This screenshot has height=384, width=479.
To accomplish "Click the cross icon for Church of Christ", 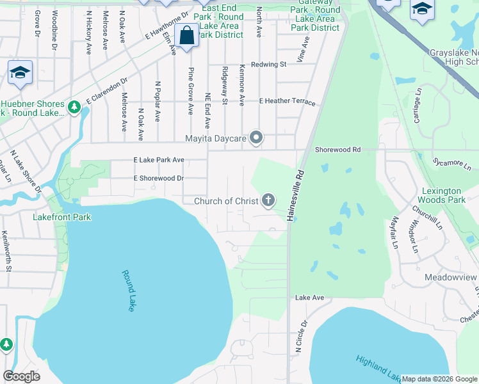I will click(x=268, y=201).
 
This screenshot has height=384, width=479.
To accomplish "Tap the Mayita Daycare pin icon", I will click(x=256, y=138).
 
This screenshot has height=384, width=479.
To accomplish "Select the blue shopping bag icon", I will click(x=187, y=35).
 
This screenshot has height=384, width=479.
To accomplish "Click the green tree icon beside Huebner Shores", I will click(x=74, y=108).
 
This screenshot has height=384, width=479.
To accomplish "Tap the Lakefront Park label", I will click(x=61, y=217).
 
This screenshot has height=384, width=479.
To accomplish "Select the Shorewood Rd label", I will click(x=337, y=149).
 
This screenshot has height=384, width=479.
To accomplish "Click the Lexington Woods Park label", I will click(x=442, y=196).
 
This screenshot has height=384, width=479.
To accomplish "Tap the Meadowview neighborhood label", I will click(x=451, y=277).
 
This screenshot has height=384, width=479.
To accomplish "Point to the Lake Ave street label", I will click(x=309, y=298).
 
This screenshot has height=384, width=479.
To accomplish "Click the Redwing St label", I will click(x=268, y=65).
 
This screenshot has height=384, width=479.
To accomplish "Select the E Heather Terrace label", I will click(x=287, y=102).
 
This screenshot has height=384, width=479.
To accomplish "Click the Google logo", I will click(x=21, y=376).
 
